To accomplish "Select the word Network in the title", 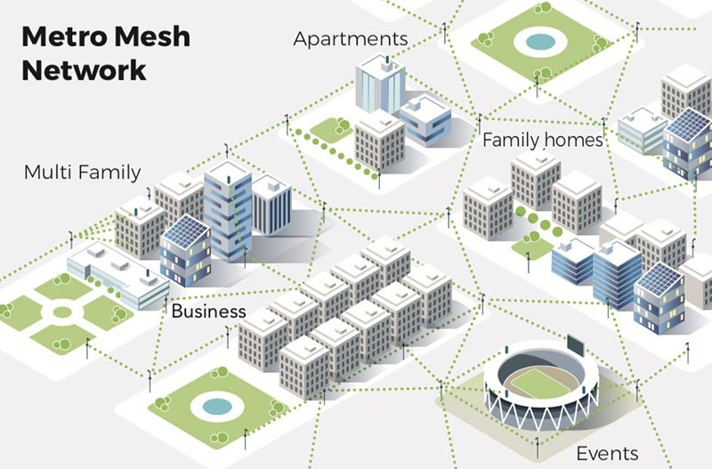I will [84, 69].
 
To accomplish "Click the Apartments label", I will [351, 38].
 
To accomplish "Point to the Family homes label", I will [543, 140].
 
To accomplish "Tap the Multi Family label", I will [82, 171].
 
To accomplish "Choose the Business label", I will [208, 311].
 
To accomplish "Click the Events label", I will [607, 453].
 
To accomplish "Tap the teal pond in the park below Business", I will [215, 407].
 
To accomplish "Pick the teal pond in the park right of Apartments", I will [537, 41].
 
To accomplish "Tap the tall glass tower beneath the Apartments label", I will [380, 85].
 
